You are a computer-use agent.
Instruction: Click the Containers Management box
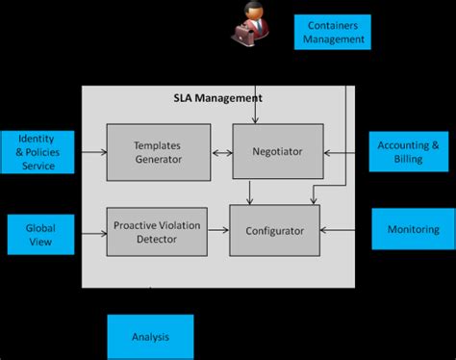pos(332,31)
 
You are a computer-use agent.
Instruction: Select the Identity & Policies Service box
pos(38,151)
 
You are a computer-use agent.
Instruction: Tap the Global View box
pos(40,235)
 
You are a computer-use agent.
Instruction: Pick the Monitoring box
pos(412,230)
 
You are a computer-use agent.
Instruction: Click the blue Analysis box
pos(149,337)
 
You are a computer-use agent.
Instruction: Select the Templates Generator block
pos(157,151)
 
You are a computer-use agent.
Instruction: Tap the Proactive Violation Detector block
pos(157,231)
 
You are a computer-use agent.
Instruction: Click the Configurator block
pos(273,230)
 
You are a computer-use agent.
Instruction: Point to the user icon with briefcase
pos(247,23)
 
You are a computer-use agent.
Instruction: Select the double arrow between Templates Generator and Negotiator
pos(220,151)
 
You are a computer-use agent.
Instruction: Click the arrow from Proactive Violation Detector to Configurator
pos(217,231)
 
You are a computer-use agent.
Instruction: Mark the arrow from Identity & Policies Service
pos(91,151)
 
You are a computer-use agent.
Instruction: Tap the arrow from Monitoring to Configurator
pos(344,230)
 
